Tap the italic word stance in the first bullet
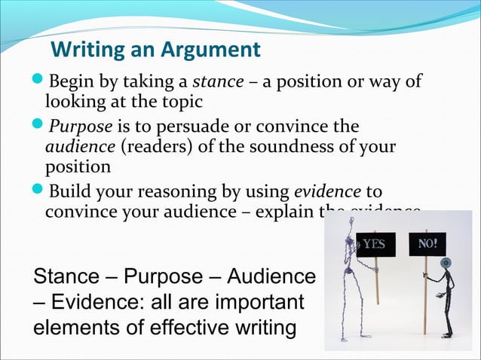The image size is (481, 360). coord(217,81)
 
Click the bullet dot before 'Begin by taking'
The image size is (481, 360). coord(40,81)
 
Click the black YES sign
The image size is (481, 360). coord(375,244)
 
